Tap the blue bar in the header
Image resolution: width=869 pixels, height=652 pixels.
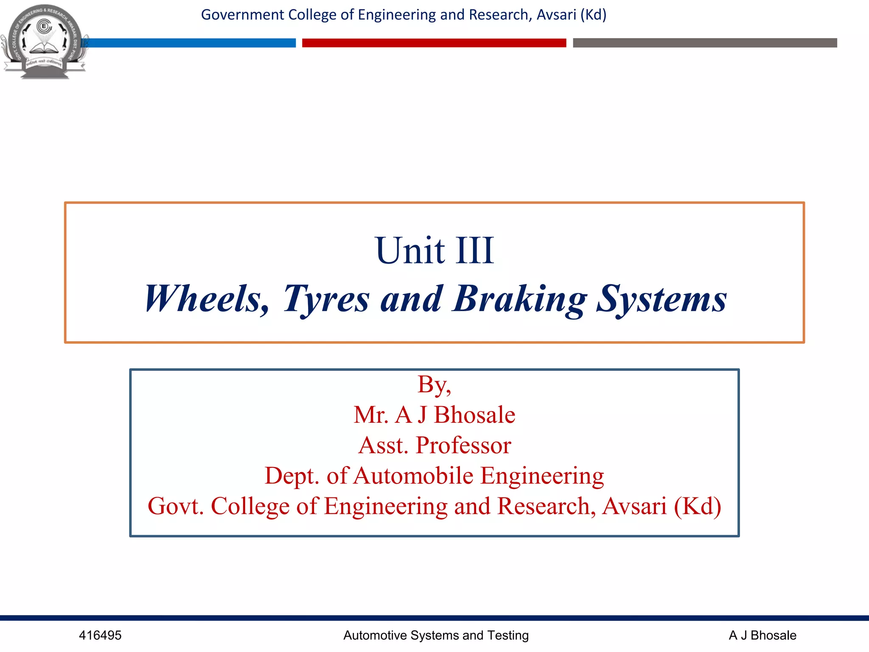pos(191,43)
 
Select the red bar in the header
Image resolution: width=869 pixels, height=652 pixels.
pos(434,43)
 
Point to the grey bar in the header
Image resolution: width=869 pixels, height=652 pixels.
pos(705,43)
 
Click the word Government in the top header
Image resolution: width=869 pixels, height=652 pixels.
pos(242,15)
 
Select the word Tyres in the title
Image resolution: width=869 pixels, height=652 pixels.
pos(326,300)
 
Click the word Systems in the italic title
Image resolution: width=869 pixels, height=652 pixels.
pos(662,300)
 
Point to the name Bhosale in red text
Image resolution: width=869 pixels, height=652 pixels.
pos(474,415)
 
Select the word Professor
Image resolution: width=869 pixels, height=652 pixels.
pos(463,445)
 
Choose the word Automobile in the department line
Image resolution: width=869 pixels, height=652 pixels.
pos(413,475)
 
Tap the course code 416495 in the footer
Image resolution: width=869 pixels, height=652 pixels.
pos(100,635)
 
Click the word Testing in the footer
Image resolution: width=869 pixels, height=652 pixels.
pos(508,635)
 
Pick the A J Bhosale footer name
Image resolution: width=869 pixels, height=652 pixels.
pos(762,635)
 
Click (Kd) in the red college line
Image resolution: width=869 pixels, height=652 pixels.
pos(698,506)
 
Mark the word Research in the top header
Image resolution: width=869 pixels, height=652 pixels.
pos(500,15)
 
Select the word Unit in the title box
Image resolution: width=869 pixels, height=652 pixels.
pos(410,250)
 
